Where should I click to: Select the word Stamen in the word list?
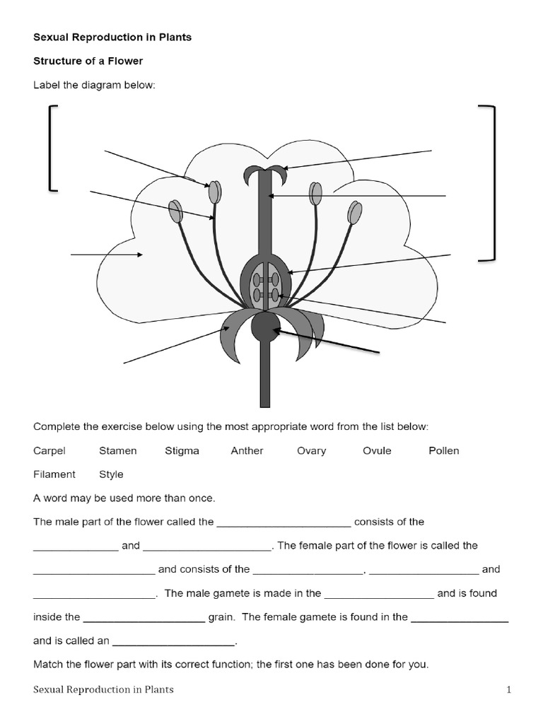point(117,450)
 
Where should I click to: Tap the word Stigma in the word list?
point(182,450)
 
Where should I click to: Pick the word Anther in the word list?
point(247,450)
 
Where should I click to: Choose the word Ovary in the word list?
point(311,450)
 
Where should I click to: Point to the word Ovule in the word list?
point(377,450)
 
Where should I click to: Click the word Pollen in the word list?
point(443,450)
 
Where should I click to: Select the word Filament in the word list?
point(54,474)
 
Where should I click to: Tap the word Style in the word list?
point(111,474)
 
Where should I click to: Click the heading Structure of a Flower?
point(88,62)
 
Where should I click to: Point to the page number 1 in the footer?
point(508,689)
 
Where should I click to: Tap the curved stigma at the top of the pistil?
point(265,170)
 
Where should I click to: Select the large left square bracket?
point(52,148)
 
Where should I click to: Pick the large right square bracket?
point(490,183)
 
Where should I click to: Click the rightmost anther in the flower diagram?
point(355,211)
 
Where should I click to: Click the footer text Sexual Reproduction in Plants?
point(103,689)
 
